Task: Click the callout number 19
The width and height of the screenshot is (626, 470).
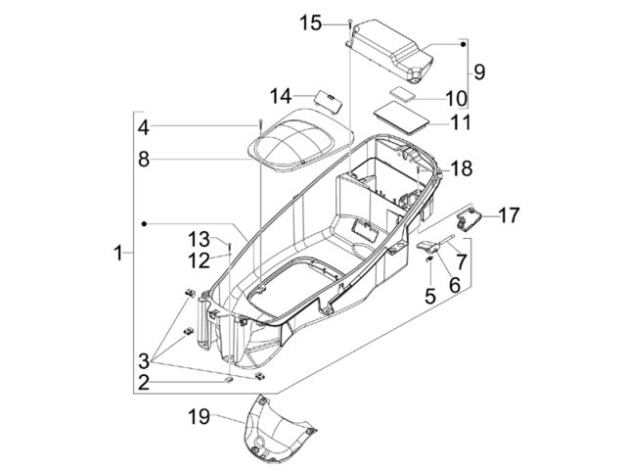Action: (x=199, y=417)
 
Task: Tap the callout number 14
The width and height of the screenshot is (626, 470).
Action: (x=281, y=96)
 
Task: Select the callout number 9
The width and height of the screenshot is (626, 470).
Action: (x=479, y=71)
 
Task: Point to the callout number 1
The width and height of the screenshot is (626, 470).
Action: (x=117, y=253)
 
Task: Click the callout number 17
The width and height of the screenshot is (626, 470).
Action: (x=509, y=215)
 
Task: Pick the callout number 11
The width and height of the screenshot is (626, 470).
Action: (x=461, y=122)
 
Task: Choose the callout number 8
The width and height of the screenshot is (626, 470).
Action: (x=144, y=160)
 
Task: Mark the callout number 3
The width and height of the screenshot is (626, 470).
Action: (x=144, y=361)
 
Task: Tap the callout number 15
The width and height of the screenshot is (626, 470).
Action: (x=311, y=23)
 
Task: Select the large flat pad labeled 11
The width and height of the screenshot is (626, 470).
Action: (x=401, y=118)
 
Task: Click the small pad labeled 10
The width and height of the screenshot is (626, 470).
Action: (x=402, y=93)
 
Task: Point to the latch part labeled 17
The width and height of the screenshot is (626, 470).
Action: (x=469, y=219)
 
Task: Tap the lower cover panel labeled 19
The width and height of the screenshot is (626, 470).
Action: (x=276, y=432)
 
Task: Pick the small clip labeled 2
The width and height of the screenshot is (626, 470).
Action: (x=229, y=379)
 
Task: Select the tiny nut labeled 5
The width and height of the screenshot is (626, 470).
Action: (x=429, y=259)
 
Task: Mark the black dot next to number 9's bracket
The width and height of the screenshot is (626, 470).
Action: (x=463, y=44)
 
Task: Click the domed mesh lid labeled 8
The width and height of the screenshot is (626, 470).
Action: (x=299, y=140)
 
